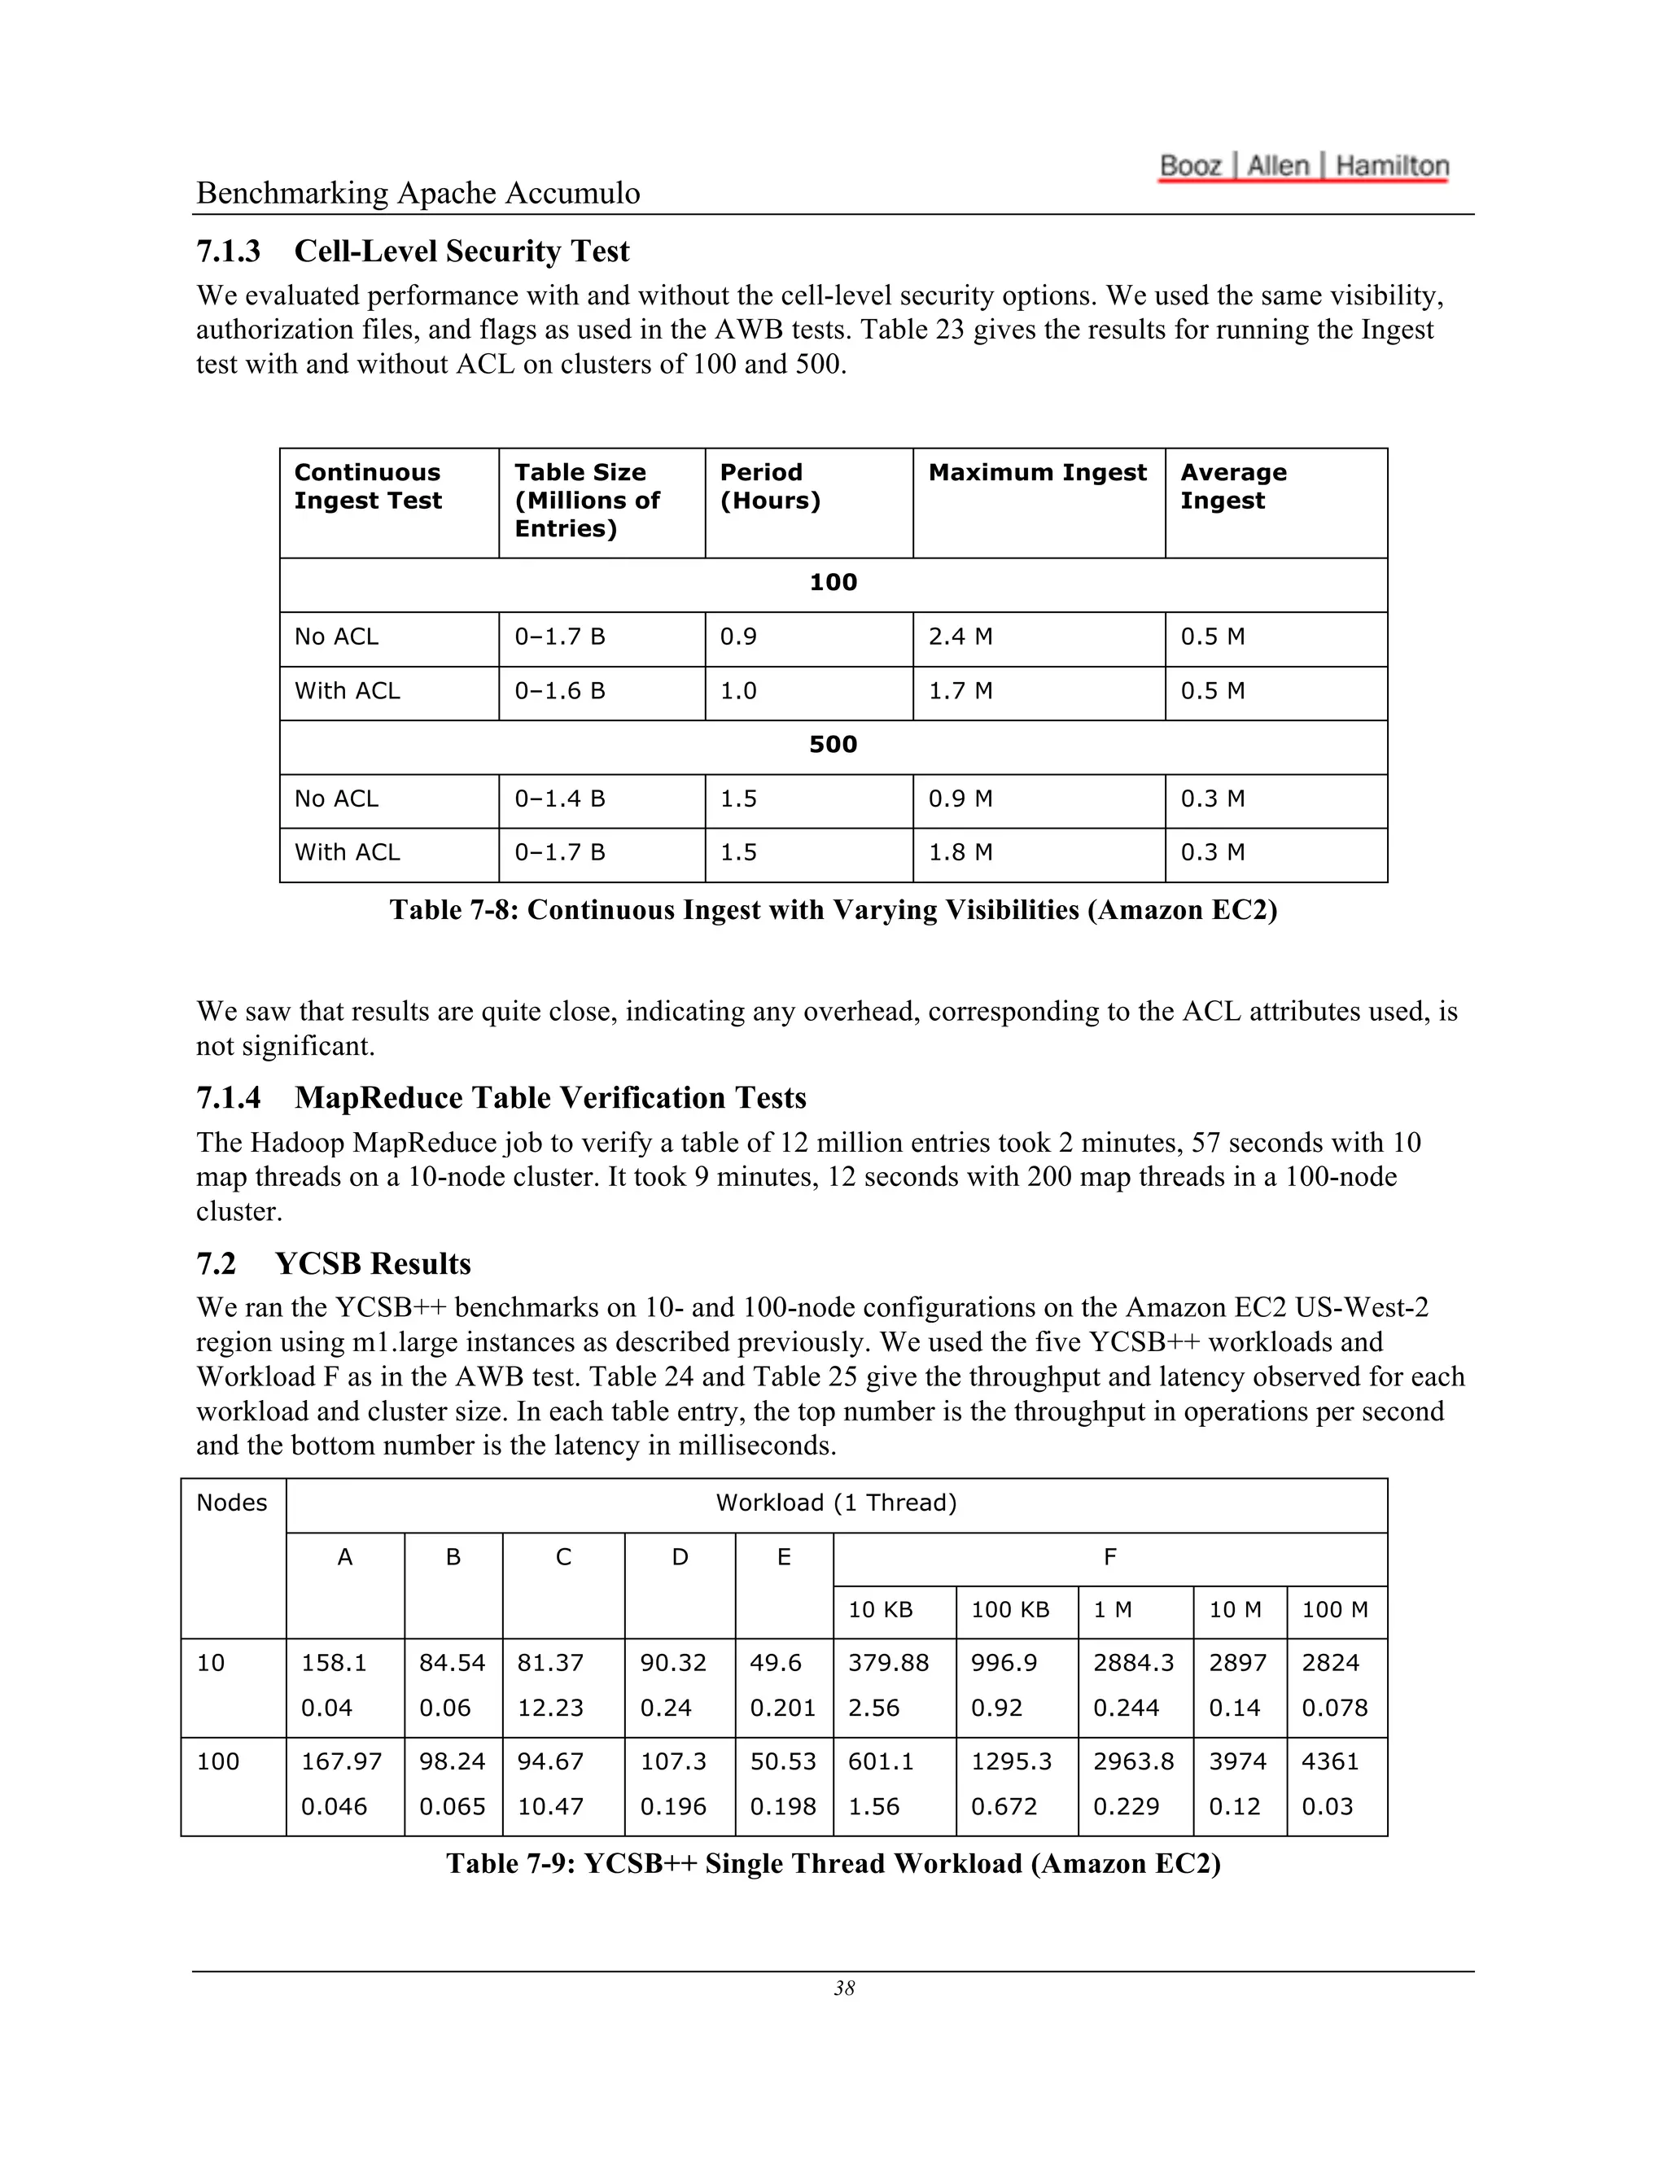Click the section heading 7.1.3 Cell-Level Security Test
412,251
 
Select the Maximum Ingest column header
1037,473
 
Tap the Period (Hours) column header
769,487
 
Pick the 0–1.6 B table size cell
559,691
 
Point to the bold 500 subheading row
833,745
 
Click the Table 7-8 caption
833,910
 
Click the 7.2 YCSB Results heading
333,1263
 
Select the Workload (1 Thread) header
835,1503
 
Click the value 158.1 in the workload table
333,1663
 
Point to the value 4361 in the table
1329,1762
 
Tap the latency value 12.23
550,1709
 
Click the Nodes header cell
231,1503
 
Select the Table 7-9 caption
833,1864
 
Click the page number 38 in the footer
843,1989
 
